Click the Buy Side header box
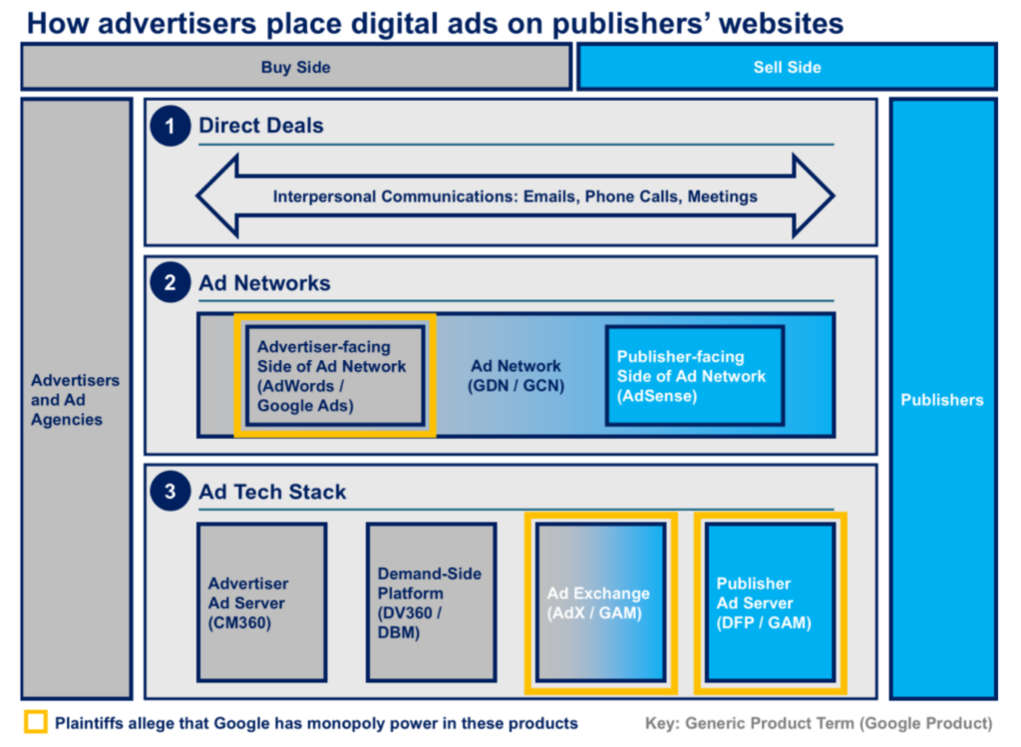(296, 67)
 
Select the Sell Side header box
(787, 67)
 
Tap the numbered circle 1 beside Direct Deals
(170, 126)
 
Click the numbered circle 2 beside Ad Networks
(170, 282)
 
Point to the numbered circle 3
(170, 491)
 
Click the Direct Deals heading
(261, 125)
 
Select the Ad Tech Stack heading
(272, 492)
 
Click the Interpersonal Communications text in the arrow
(515, 196)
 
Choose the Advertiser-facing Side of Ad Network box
(335, 376)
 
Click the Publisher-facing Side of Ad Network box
(694, 376)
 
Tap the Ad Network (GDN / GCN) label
(515, 376)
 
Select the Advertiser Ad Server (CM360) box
(262, 602)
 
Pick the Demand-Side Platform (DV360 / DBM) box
(431, 602)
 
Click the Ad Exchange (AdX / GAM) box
(601, 602)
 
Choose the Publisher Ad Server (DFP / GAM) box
(771, 602)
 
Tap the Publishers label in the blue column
(942, 400)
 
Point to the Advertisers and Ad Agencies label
(75, 400)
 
